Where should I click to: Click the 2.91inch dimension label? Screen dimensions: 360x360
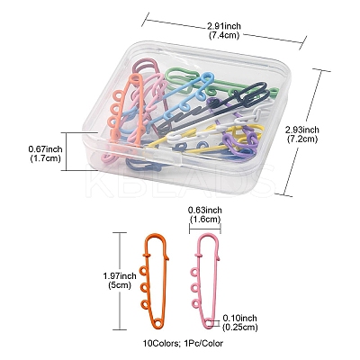pos(223,26)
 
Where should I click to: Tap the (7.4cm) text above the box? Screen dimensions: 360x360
pos(223,35)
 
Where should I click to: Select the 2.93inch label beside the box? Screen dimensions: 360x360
pos(302,130)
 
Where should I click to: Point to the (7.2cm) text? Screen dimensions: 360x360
pos(302,139)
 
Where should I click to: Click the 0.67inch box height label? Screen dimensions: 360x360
pos(46,148)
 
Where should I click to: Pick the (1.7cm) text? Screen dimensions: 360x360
pos(46,157)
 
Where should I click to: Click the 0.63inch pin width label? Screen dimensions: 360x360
pos(205,211)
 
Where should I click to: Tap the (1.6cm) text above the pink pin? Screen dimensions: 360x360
pos(205,219)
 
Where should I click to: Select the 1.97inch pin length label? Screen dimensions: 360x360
pos(120,275)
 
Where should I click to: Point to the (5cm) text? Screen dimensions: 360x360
pos(120,284)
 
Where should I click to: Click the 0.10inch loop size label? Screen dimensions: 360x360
pos(239,318)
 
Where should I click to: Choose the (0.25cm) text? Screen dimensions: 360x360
pos(239,327)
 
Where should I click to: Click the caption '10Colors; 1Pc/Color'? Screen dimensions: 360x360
pos(183,343)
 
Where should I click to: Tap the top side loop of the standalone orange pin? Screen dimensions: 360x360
pos(143,270)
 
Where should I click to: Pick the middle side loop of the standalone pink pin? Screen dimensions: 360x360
pos(194,288)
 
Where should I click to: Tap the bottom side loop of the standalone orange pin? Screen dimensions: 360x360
pos(144,305)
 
